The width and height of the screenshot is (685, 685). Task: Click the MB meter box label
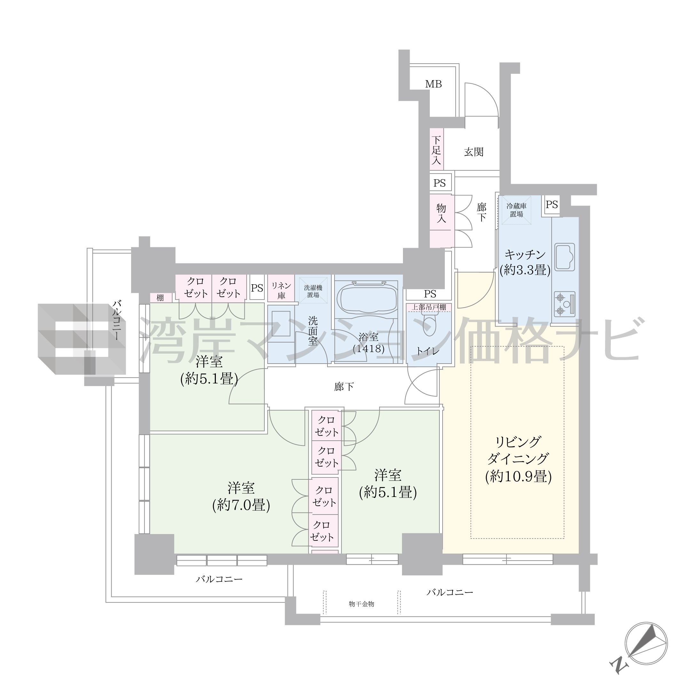pyautogui.click(x=433, y=84)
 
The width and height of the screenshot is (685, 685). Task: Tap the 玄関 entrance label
pyautogui.click(x=474, y=152)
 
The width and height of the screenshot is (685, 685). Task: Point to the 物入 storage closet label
pyautogui.click(x=441, y=213)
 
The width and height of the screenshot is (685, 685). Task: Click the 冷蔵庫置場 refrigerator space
pyautogui.click(x=516, y=210)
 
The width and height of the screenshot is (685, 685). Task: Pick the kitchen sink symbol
pyautogui.click(x=565, y=257)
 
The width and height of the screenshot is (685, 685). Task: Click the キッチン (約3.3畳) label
pyautogui.click(x=525, y=262)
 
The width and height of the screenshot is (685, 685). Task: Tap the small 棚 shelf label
pyautogui.click(x=160, y=297)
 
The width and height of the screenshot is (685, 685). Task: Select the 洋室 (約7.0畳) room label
pyautogui.click(x=241, y=496)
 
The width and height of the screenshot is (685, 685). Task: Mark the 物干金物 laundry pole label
pyautogui.click(x=361, y=604)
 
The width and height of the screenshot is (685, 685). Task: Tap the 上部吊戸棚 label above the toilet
pyautogui.click(x=429, y=307)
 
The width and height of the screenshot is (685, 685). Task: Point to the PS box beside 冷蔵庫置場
pyautogui.click(x=552, y=205)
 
